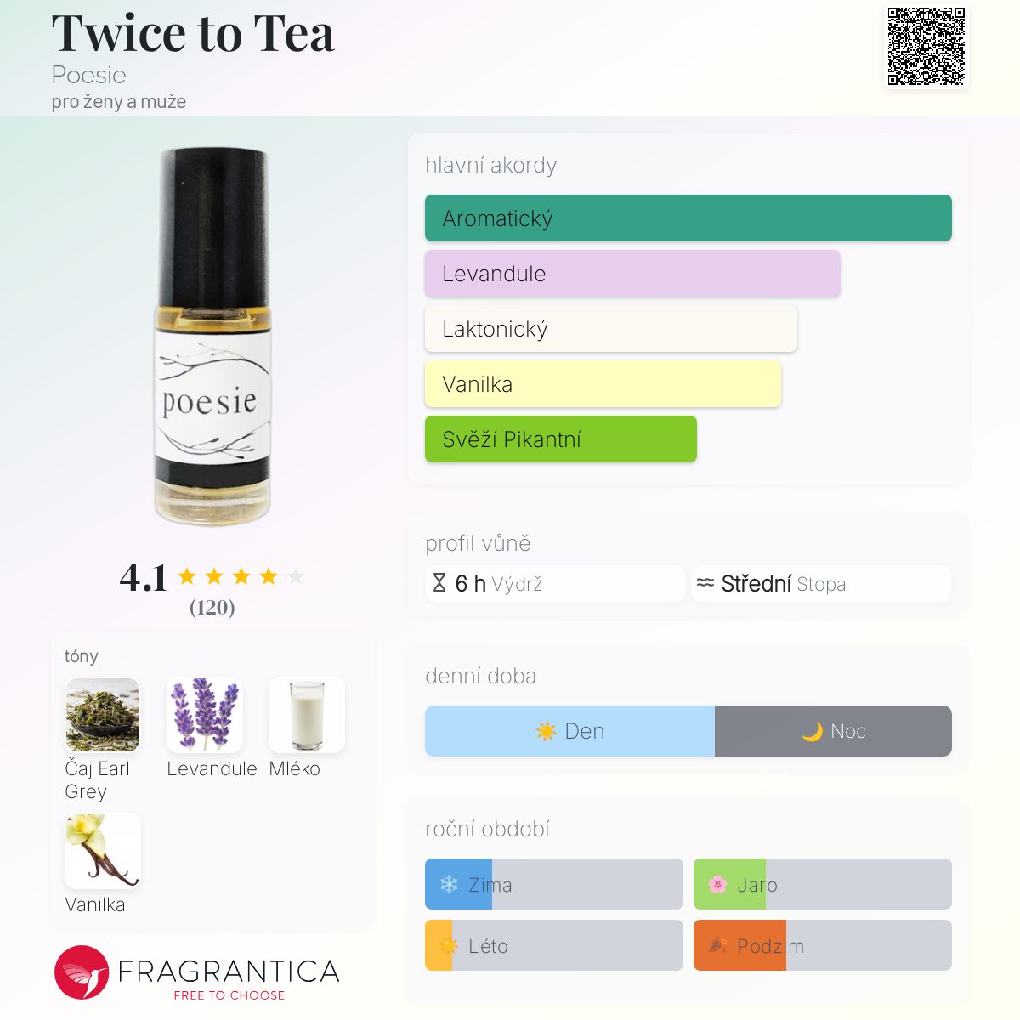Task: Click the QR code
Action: tap(926, 47)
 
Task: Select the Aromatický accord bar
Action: tap(688, 218)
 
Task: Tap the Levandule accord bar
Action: tap(632, 274)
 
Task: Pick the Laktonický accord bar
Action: tap(611, 329)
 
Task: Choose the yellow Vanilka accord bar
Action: tap(603, 383)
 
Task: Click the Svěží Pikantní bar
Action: tap(560, 439)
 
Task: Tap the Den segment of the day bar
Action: tap(569, 730)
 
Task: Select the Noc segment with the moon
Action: tap(833, 730)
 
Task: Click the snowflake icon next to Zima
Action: tap(449, 884)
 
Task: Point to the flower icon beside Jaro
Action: tap(717, 884)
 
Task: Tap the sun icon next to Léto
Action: tap(449, 945)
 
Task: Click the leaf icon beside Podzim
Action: tap(717, 945)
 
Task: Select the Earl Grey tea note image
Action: tap(103, 715)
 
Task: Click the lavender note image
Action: tap(205, 715)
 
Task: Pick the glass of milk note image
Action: tap(307, 715)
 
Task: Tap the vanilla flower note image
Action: tap(103, 851)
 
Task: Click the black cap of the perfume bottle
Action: tap(213, 228)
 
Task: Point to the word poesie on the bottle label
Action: tap(210, 402)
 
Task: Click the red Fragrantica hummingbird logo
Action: tap(82, 972)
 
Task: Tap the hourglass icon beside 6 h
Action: tap(439, 583)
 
